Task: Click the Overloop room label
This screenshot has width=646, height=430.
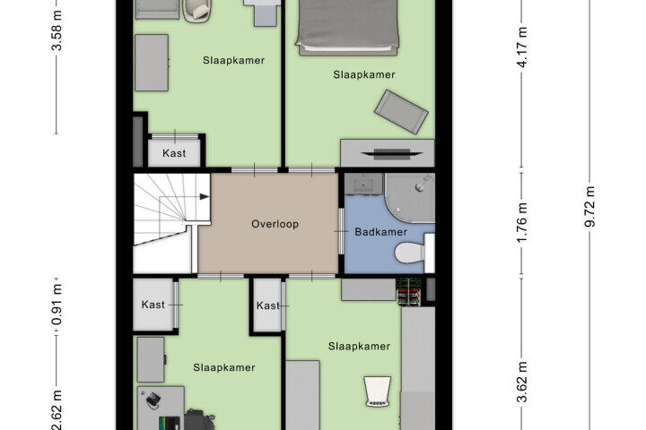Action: pyautogui.click(x=275, y=224)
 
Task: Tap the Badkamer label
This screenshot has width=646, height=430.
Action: pyautogui.click(x=380, y=232)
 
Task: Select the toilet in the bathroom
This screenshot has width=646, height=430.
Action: pyautogui.click(x=410, y=253)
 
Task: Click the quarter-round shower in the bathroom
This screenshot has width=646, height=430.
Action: pyautogui.click(x=408, y=199)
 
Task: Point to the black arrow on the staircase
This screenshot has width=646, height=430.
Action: pyautogui.click(x=205, y=197)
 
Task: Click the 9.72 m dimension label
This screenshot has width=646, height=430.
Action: pyautogui.click(x=590, y=207)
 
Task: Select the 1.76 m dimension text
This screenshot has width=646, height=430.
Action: pyautogui.click(x=521, y=222)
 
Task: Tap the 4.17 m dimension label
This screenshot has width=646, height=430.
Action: pyautogui.click(x=522, y=47)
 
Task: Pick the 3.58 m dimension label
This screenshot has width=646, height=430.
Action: pyautogui.click(x=57, y=30)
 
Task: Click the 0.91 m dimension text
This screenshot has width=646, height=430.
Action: pyautogui.click(x=57, y=305)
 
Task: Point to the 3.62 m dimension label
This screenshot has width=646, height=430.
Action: pyautogui.click(x=522, y=382)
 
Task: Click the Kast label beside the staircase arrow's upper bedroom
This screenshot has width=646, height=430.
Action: pyautogui.click(x=174, y=153)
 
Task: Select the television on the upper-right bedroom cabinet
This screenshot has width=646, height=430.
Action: pyautogui.click(x=392, y=153)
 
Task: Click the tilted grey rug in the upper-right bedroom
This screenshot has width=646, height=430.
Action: pyautogui.click(x=401, y=112)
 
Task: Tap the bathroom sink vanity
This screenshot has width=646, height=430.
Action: pyautogui.click(x=363, y=184)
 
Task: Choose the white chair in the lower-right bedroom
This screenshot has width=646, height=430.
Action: pyautogui.click(x=377, y=391)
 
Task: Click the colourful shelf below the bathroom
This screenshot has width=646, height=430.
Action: pyautogui.click(x=409, y=292)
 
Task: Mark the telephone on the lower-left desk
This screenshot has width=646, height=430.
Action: pyautogui.click(x=153, y=400)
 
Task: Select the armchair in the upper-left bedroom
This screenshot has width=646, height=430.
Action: pyautogui.click(x=196, y=10)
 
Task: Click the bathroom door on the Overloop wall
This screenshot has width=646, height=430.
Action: pyautogui.click(x=341, y=232)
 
